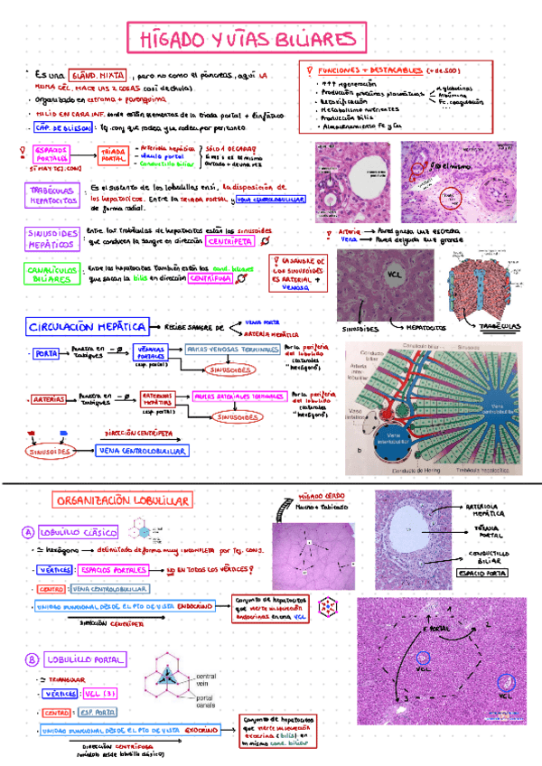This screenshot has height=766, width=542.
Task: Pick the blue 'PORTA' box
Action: [x=46, y=354]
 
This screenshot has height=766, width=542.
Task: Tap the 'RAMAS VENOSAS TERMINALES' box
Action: [x=230, y=350]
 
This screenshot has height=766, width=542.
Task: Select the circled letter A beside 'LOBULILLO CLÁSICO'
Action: [x=28, y=532]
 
